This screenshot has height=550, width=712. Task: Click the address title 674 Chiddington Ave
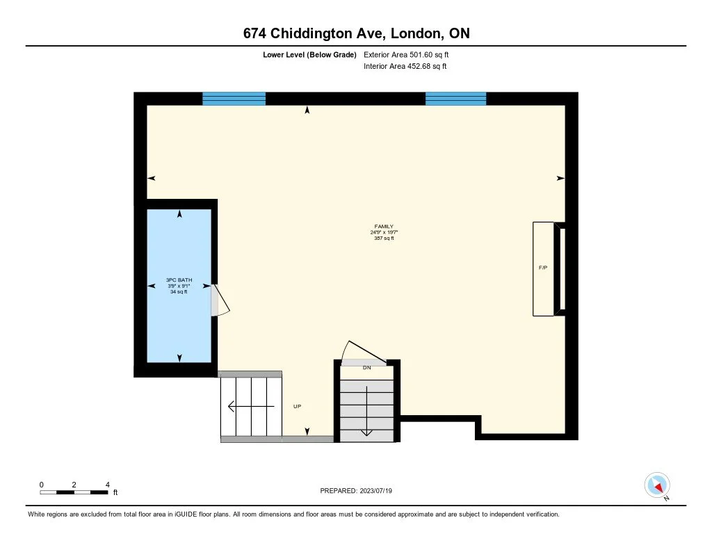(x=355, y=33)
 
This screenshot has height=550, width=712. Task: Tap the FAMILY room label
(x=383, y=226)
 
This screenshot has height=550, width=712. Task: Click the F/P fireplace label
(x=543, y=268)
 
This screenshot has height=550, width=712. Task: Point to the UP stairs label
(x=298, y=406)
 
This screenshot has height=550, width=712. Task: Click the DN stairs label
(x=366, y=368)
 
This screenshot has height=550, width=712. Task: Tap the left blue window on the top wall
(x=234, y=98)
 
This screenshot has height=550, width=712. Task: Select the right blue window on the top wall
(x=455, y=98)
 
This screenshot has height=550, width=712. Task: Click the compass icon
(x=656, y=485)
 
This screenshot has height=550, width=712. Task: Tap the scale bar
(x=74, y=492)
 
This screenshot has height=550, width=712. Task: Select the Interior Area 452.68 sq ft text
(x=405, y=67)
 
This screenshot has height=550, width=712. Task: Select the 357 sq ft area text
(x=383, y=238)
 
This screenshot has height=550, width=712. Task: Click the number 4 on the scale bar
(x=107, y=484)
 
